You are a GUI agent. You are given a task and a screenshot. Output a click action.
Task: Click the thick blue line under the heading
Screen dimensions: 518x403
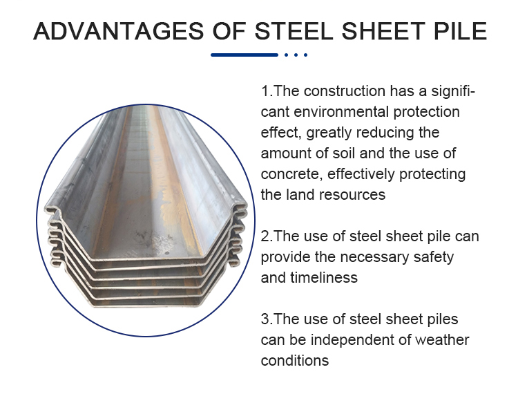(x=244, y=55)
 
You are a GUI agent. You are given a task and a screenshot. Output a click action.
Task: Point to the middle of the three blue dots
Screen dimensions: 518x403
(x=296, y=55)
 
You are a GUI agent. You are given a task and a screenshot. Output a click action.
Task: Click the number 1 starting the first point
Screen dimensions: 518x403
(x=265, y=91)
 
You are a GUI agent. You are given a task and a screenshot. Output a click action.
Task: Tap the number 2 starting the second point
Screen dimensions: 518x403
(x=266, y=236)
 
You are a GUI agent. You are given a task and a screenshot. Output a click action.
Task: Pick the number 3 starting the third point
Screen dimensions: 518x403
(x=266, y=319)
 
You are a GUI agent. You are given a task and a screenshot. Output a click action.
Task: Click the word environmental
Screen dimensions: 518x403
(x=341, y=112)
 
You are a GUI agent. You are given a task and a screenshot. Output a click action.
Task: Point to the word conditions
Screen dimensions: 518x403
(x=295, y=361)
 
